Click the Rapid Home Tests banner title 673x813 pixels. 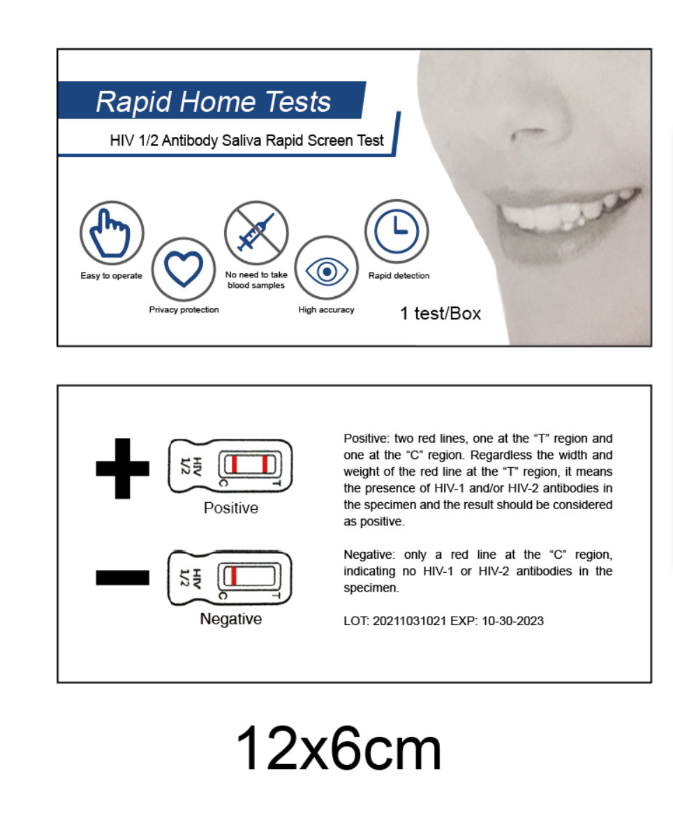point(214,101)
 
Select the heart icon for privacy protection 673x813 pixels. point(184,269)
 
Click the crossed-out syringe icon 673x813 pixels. point(256,233)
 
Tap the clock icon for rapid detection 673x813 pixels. point(397,231)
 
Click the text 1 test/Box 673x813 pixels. point(441,313)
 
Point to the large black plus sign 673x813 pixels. point(123,468)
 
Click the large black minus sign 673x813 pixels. point(123,578)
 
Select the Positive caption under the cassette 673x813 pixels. point(231,508)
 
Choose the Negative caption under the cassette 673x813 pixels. point(231,619)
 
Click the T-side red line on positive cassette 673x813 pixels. point(265,464)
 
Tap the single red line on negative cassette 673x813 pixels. point(234,576)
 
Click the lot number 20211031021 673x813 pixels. point(409,621)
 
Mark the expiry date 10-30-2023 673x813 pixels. point(512,621)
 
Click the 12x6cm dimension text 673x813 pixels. point(339,748)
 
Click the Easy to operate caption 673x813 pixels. point(112,275)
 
